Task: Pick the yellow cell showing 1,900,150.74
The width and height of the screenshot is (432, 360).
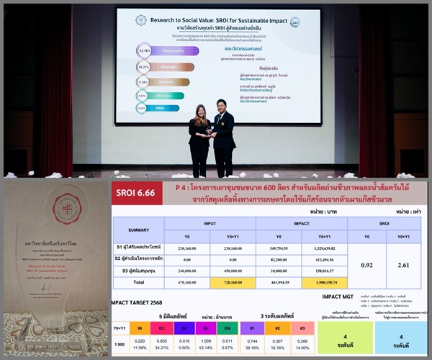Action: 318,282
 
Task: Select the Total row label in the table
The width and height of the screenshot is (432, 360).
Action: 138,282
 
